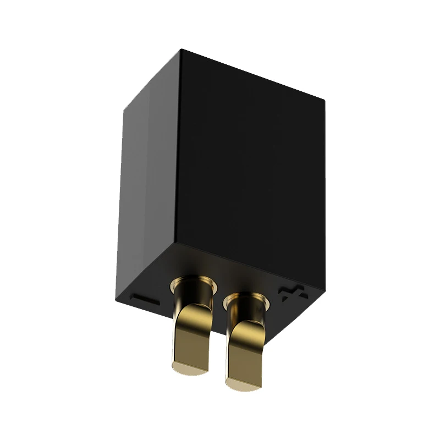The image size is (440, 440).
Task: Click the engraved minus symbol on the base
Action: point(145,301)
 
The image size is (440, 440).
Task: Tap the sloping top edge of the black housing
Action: point(253,75)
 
